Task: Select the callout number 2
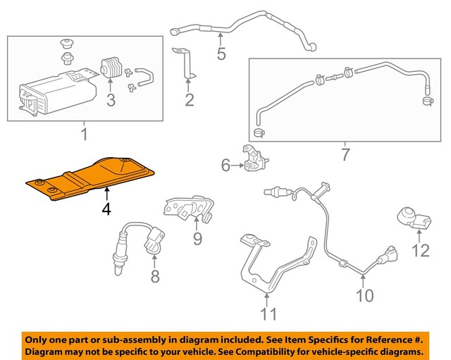189,99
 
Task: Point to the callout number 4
105,210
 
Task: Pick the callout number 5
221,54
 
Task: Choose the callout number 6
225,166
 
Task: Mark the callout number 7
345,154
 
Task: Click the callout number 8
155,275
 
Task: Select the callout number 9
197,239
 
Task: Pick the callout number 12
420,249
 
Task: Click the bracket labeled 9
187,208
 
